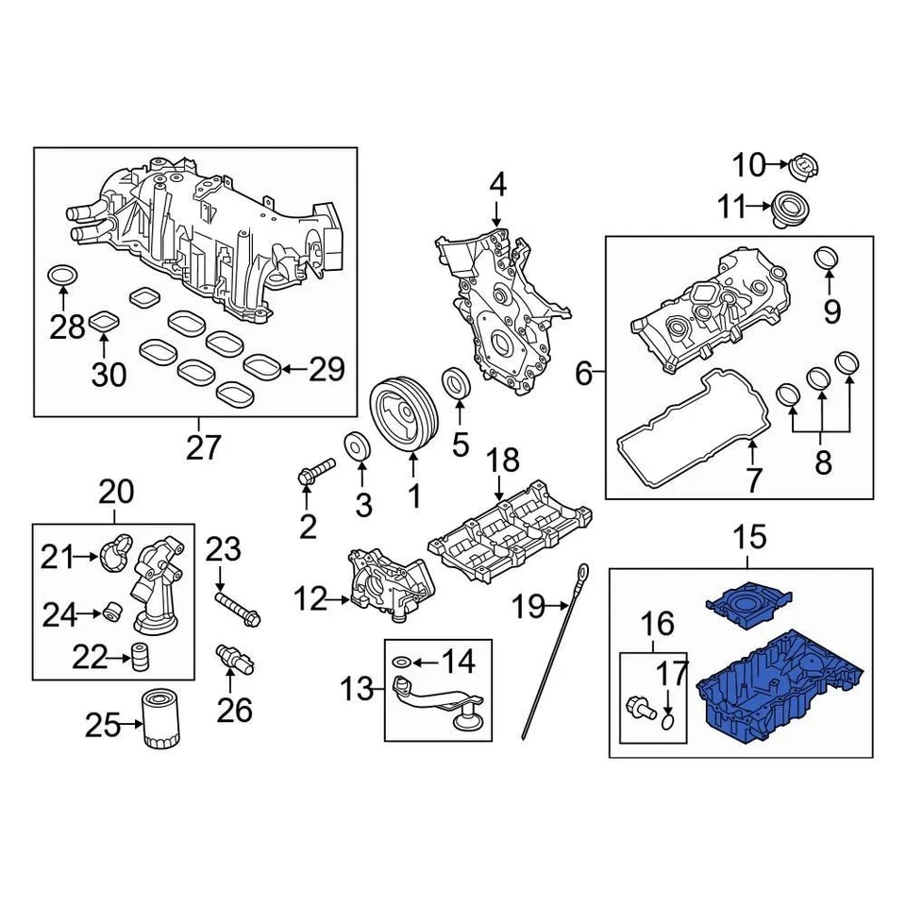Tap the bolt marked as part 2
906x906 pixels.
[315, 471]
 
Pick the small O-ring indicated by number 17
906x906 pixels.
[668, 722]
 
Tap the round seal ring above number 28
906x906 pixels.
[62, 276]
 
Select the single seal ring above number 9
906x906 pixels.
[827, 257]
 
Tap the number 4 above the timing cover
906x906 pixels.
[496, 184]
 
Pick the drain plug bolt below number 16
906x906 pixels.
[640, 704]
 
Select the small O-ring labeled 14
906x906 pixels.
[400, 664]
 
